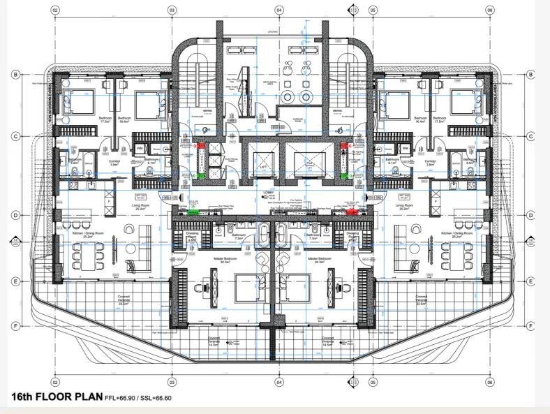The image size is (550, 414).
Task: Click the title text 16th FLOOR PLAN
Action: [57, 398]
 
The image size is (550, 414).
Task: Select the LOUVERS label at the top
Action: [273, 31]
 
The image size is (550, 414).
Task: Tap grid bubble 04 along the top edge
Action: [278, 10]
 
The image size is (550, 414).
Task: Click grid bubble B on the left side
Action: [15, 74]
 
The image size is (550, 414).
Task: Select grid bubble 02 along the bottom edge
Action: [55, 383]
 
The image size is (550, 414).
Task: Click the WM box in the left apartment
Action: [140, 149]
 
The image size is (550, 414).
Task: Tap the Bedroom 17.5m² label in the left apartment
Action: [106, 119]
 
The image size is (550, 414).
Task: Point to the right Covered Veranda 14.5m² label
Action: [327, 343]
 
